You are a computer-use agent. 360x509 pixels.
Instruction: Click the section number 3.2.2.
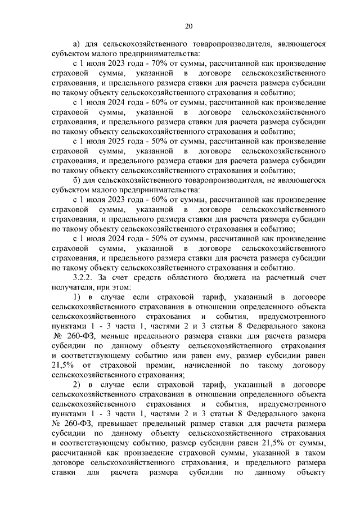pyautogui.click(x=84, y=277)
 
